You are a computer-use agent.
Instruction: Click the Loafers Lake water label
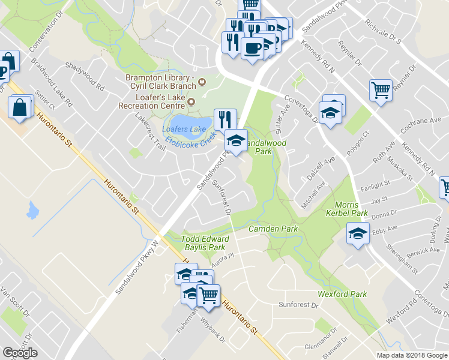coord(184,128)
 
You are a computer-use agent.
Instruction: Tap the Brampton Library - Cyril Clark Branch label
coord(158,82)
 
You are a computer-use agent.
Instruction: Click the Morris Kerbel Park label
coord(351,208)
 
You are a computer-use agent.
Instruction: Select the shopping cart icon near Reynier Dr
coord(381,91)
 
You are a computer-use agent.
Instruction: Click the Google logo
coord(20,353)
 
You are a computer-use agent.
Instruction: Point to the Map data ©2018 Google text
coord(411,355)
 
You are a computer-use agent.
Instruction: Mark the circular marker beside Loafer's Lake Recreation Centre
coord(192,101)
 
